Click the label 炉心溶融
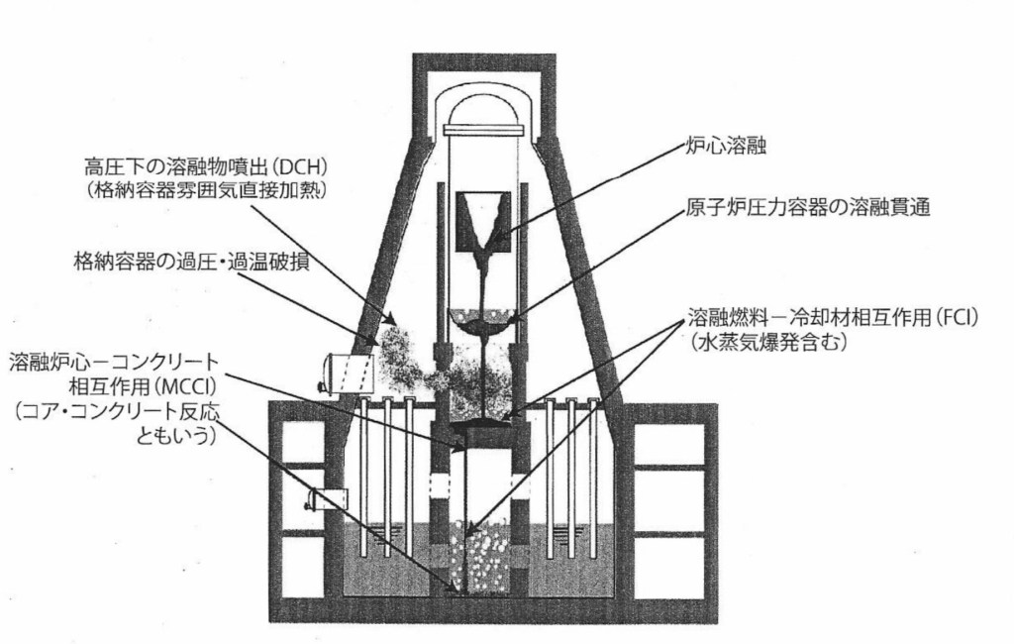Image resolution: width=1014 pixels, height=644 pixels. point(725,148)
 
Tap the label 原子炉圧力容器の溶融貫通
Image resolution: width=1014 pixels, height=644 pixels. point(807,210)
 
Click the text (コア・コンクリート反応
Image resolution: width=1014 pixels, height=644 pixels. point(114,410)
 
